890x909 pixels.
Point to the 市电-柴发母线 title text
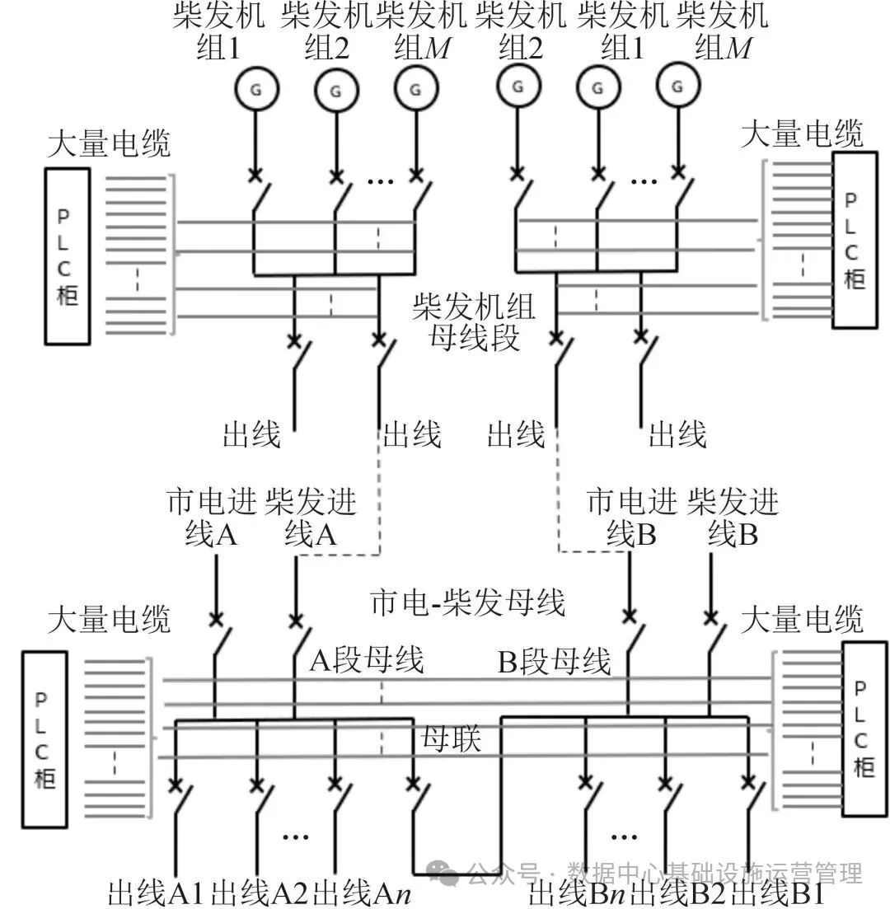click(x=468, y=602)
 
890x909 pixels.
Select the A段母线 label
click(x=367, y=660)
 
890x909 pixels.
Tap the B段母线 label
click(x=554, y=661)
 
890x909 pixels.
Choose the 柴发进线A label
click(x=311, y=518)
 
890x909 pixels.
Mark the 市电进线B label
click(x=631, y=518)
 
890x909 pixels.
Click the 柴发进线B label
click(x=733, y=518)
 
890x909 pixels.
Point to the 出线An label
click(x=363, y=893)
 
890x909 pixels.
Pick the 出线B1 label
click(x=779, y=893)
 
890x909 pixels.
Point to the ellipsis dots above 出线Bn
click(x=624, y=836)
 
